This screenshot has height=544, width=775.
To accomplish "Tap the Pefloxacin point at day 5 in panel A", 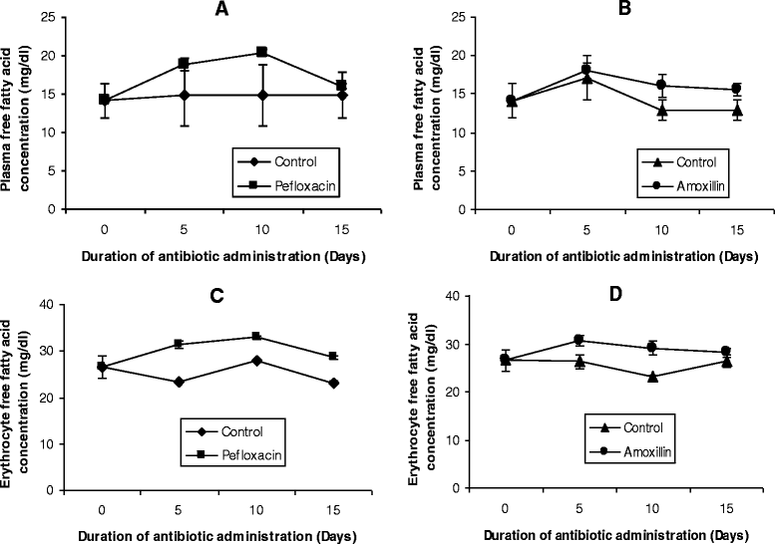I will [x=183, y=64].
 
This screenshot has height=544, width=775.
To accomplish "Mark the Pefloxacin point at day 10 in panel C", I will [x=257, y=337].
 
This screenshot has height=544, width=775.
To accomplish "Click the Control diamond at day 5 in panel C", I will [x=179, y=382].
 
